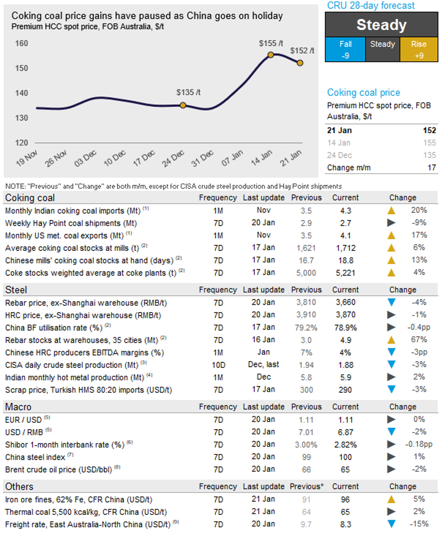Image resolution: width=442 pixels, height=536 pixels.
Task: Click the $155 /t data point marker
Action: coord(271,55)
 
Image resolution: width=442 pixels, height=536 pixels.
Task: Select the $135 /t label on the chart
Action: coord(188,93)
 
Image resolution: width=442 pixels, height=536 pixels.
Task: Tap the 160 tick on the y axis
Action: coord(22,44)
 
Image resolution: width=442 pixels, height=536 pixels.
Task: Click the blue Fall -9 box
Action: coord(345,50)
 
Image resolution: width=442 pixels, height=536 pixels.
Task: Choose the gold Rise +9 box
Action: coord(419,50)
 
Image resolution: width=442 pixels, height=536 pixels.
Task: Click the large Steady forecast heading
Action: coord(382,25)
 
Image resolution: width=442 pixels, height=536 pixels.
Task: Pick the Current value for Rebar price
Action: coord(346,302)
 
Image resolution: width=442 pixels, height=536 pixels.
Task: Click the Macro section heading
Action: coord(18,407)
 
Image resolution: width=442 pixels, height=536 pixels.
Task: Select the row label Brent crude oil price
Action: coord(59,469)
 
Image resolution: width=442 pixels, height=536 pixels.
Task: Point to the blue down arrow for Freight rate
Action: coord(392,524)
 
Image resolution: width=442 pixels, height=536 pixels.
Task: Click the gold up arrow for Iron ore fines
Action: coord(392,499)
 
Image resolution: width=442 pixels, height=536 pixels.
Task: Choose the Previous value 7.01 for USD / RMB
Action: coord(306,432)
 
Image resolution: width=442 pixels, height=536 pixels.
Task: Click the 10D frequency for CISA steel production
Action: coord(218,365)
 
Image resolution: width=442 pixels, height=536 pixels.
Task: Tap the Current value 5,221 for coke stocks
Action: coord(346,272)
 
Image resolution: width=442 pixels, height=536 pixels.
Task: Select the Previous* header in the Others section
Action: coord(307,486)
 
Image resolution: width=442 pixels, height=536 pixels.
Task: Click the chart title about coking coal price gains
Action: coord(147,16)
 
